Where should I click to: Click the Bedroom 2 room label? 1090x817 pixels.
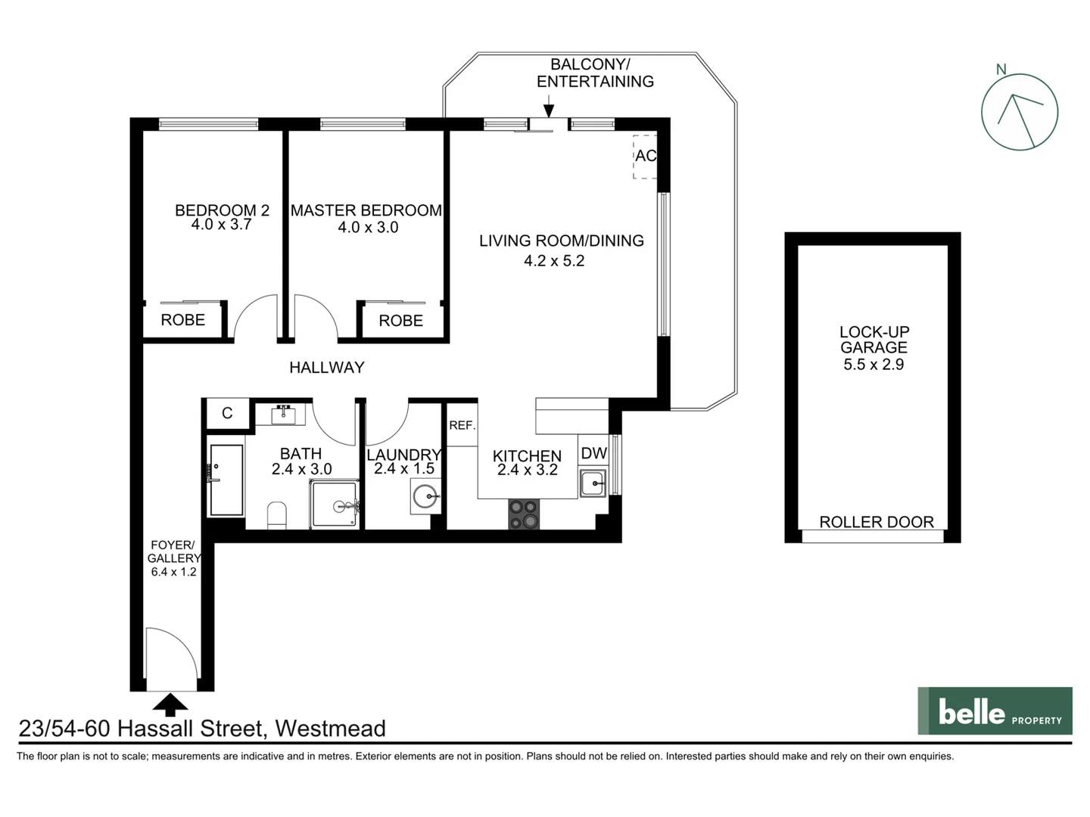222,210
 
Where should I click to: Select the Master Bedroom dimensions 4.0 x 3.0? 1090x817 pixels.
368,228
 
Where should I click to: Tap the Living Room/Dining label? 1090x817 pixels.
561,241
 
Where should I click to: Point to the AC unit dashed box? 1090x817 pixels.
645,157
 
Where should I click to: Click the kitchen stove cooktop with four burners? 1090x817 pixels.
524,514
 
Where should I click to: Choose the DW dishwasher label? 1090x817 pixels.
593,453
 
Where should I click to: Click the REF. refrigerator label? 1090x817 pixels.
462,426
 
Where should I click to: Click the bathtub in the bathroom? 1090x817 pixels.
226,480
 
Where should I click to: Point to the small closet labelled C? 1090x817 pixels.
227,413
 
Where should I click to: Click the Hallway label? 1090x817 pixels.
326,368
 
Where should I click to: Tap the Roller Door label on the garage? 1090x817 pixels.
876,522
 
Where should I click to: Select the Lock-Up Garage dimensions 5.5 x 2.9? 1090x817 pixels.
874,365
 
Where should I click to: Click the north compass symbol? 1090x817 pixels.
1019,112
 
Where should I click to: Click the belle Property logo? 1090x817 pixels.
995,711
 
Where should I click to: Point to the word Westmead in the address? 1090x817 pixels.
330,728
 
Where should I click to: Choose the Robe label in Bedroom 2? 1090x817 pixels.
182,320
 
